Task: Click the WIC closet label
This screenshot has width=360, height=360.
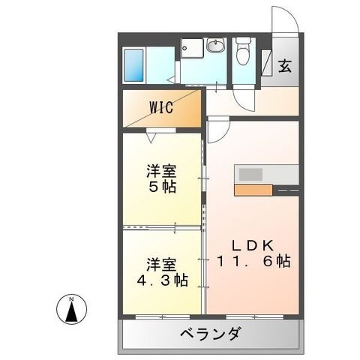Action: click(x=161, y=107)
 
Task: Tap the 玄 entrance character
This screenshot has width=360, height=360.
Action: click(x=285, y=66)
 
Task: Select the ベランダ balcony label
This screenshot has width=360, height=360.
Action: click(x=211, y=334)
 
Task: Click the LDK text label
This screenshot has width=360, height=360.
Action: click(x=253, y=245)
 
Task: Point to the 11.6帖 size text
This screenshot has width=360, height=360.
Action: click(x=253, y=261)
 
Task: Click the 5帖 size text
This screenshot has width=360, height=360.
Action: click(x=163, y=186)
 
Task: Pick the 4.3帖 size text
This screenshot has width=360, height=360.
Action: click(x=162, y=280)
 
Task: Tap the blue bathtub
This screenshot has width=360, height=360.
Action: click(x=133, y=65)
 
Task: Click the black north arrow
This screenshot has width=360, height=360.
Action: click(x=71, y=311)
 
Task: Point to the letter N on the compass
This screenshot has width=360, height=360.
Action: click(x=71, y=298)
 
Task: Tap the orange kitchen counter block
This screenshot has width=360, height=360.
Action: click(x=253, y=190)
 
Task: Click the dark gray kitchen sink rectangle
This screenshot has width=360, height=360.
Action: click(x=250, y=174)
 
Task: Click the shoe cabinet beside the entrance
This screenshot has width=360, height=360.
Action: click(x=266, y=62)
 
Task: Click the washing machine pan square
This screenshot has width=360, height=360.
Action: click(x=192, y=49)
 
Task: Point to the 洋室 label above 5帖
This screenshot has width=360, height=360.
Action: click(x=161, y=170)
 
